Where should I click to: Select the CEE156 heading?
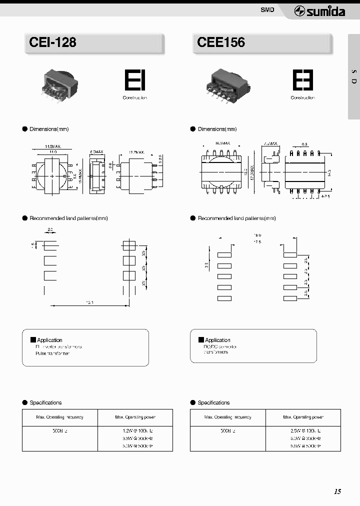pyautogui.click(x=221, y=42)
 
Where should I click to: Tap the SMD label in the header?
pyautogui.click(x=267, y=10)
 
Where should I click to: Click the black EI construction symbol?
pyautogui.click(x=134, y=80)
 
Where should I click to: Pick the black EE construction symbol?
pyautogui.click(x=302, y=80)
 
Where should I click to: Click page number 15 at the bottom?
pyautogui.click(x=337, y=491)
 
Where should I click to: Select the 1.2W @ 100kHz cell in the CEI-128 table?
pyautogui.click(x=135, y=430)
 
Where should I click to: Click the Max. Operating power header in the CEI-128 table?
pyautogui.click(x=135, y=417)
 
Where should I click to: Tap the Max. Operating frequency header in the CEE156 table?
pyautogui.click(x=227, y=417)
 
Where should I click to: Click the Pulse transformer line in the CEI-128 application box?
pyautogui.click(x=52, y=353)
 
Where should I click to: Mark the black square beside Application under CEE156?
pyautogui.click(x=201, y=339)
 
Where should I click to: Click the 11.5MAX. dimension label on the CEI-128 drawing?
pyautogui.click(x=52, y=146)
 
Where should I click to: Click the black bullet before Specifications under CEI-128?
pyautogui.click(x=24, y=402)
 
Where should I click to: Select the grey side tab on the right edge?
pyautogui.click(x=353, y=77)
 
